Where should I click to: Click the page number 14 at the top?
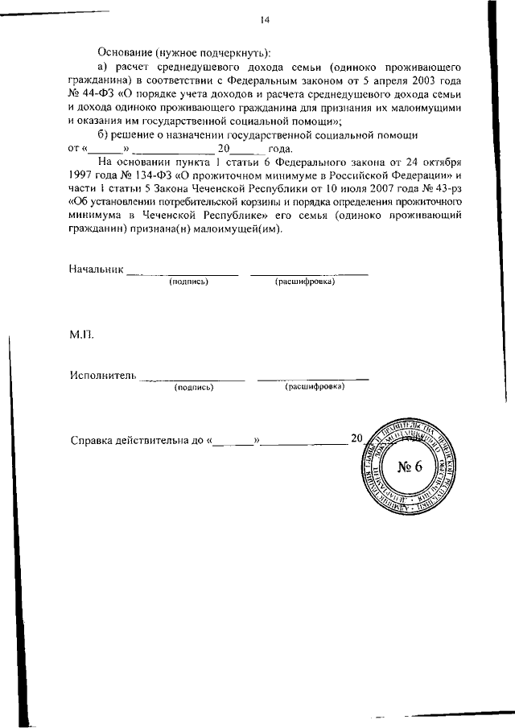click(x=264, y=20)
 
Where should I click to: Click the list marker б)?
click(x=102, y=134)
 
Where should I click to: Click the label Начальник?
click(x=97, y=269)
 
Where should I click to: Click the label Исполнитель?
click(x=102, y=375)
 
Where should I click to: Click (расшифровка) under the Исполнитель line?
click(x=315, y=387)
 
